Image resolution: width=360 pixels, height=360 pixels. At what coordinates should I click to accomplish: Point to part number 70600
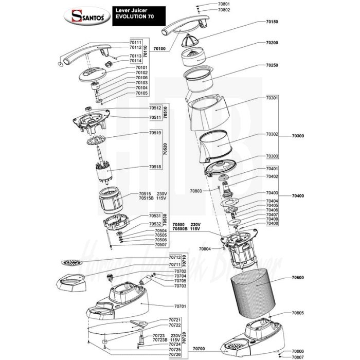click(298, 278)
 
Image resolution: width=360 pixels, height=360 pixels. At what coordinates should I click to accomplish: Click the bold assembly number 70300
click(298, 136)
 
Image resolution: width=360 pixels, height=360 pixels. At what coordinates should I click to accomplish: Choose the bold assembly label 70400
click(298, 196)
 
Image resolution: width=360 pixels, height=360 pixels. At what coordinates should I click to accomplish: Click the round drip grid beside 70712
click(71, 263)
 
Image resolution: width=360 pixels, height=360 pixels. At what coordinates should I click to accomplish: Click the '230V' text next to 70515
click(163, 193)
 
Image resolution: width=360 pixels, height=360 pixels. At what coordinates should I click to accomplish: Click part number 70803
click(196, 191)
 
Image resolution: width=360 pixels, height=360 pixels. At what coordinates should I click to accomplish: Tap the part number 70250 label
click(272, 66)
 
